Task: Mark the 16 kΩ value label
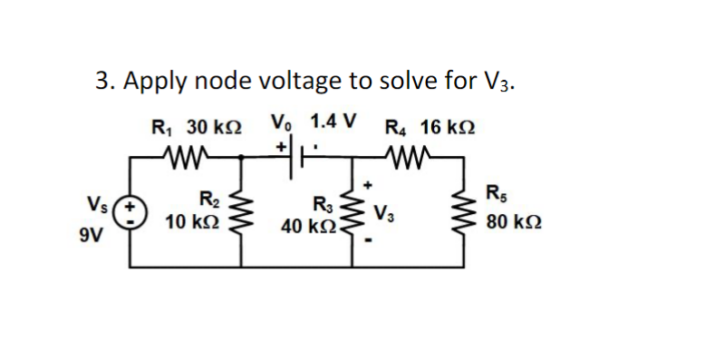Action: tap(448, 127)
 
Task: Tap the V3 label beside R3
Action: tap(383, 215)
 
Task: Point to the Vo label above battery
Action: tap(282, 122)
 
